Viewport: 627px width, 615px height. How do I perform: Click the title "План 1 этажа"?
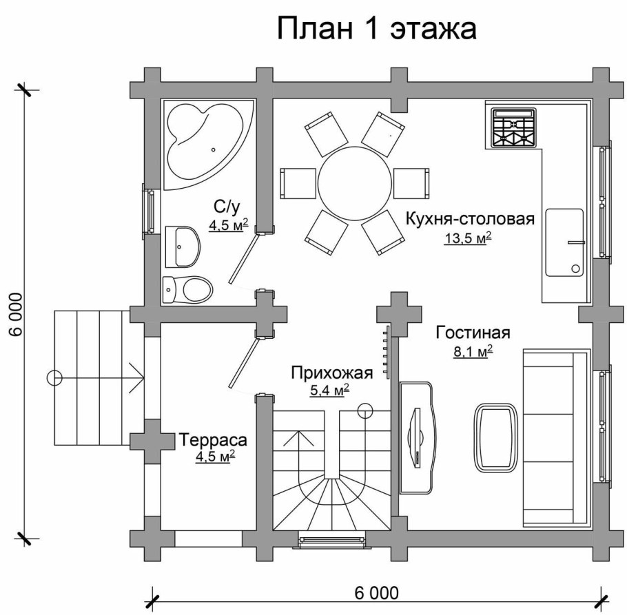[376, 29]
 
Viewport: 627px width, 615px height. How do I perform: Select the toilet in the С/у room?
[187, 289]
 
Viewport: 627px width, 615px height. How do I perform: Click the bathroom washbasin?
[182, 245]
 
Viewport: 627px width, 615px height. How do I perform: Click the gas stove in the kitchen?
[513, 127]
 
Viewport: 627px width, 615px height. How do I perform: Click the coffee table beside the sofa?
[495, 438]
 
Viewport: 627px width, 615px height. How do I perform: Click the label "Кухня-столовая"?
[470, 219]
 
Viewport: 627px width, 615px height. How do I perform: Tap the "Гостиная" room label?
[473, 333]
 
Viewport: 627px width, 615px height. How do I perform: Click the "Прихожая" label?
[331, 373]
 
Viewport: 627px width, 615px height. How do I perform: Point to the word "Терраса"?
[213, 439]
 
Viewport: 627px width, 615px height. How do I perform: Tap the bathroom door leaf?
[245, 259]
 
